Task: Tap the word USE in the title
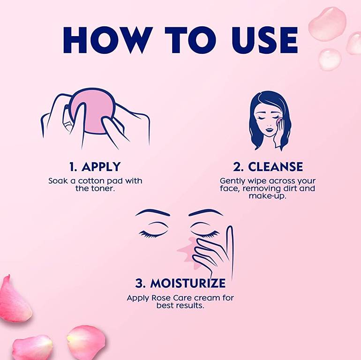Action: pyautogui.click(x=265, y=40)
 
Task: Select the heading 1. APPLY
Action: pyautogui.click(x=95, y=166)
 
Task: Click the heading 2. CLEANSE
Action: pyautogui.click(x=268, y=166)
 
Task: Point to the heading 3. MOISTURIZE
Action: pyautogui.click(x=180, y=283)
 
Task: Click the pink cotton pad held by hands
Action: pyautogui.click(x=92, y=111)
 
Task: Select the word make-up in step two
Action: pyautogui.click(x=268, y=196)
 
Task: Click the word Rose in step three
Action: pyautogui.click(x=161, y=298)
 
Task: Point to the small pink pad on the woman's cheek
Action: pyautogui.click(x=279, y=120)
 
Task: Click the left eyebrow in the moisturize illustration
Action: pyautogui.click(x=152, y=212)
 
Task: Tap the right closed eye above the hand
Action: pyautogui.click(x=205, y=233)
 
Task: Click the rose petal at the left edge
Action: pyautogui.click(x=14, y=299)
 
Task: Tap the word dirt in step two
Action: pyautogui.click(x=288, y=188)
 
